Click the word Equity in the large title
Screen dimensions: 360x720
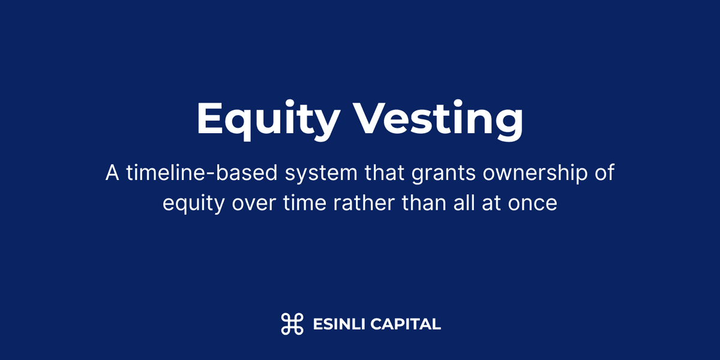pos(268,119)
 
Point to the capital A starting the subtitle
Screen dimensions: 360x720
pos(112,173)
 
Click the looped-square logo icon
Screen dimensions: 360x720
pos(292,324)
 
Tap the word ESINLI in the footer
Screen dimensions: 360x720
pos(338,325)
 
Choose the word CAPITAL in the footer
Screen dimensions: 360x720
pos(406,325)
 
